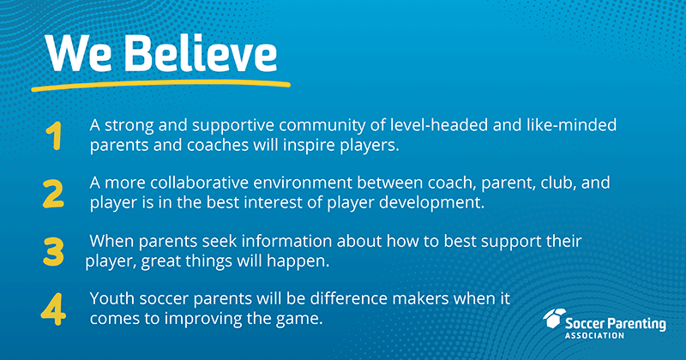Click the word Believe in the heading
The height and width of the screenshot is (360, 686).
202,53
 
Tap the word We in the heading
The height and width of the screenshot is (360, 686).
79,55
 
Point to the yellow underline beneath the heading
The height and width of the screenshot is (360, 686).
160,86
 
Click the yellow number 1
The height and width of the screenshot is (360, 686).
54,136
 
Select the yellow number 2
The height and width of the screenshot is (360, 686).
53,194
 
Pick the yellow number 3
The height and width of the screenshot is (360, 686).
53,251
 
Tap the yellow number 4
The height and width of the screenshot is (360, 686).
53,309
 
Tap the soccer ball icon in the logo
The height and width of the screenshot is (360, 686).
554,318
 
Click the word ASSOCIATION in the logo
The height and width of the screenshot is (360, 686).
594,335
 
